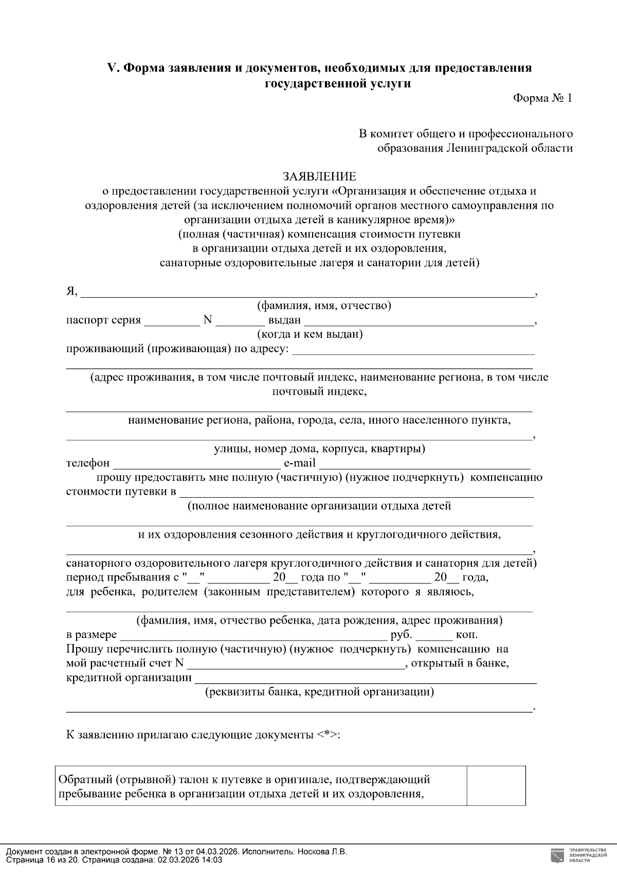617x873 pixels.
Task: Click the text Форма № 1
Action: tap(542, 98)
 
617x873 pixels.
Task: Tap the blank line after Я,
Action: tap(307, 293)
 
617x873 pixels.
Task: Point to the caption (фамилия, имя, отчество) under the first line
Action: tap(324, 306)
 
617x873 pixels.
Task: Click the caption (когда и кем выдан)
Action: tap(310, 335)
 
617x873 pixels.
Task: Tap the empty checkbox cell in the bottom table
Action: tap(496, 786)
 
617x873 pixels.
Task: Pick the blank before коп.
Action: tap(434, 635)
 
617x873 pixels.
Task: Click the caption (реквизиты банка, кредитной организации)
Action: tap(319, 692)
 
